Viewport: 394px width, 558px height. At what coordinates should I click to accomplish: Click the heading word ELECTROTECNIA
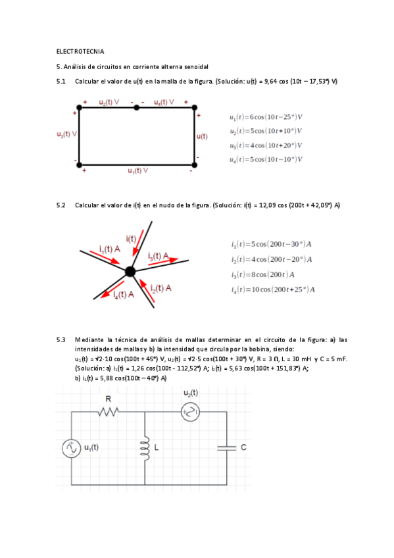tap(80, 51)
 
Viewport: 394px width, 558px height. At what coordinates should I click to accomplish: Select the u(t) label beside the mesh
tap(202, 136)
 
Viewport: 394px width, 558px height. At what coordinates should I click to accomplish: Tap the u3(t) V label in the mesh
tap(67, 133)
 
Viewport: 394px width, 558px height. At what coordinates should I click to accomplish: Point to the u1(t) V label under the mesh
tap(137, 170)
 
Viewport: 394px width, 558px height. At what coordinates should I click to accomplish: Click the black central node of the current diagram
tap(130, 270)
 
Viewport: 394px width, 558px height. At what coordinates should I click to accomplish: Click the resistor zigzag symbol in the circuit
tap(109, 412)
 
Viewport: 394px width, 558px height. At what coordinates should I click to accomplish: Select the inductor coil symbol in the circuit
tap(144, 447)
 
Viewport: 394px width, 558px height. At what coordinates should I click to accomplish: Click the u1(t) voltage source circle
tap(71, 449)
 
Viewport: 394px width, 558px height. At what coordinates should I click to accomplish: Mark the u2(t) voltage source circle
tap(189, 412)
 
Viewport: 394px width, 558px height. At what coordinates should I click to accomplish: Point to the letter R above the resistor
tap(109, 399)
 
